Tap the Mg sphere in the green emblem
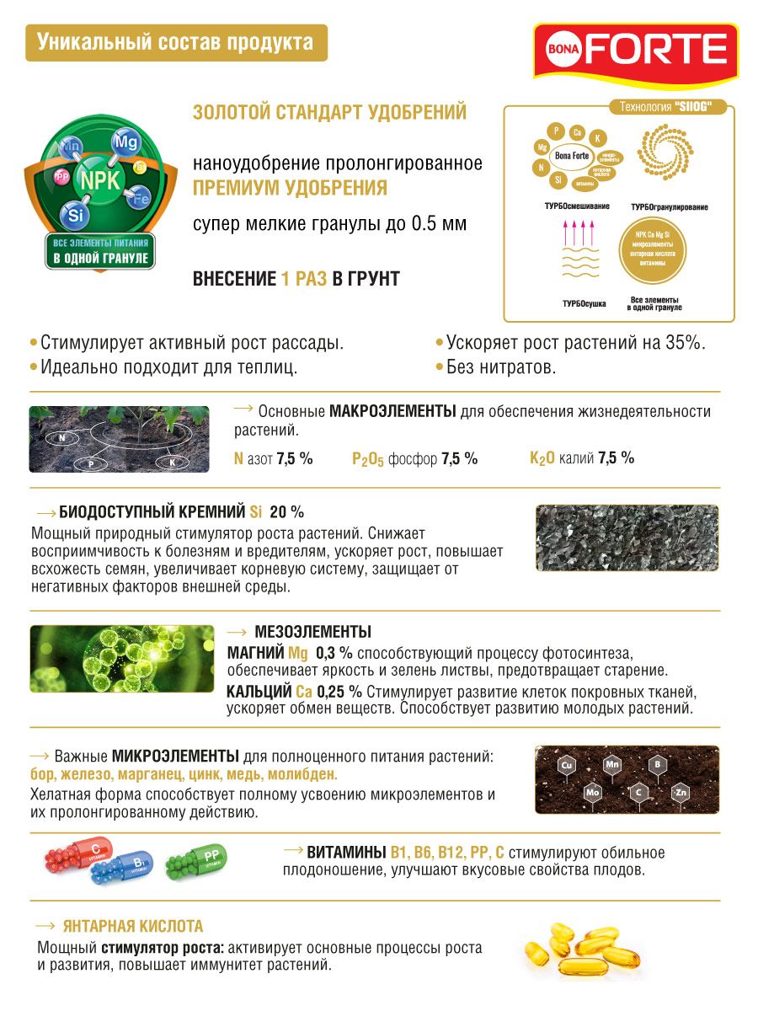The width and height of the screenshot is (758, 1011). [x=125, y=141]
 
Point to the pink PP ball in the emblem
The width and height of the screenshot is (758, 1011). [x=61, y=177]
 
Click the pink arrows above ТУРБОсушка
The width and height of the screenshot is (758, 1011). [x=578, y=231]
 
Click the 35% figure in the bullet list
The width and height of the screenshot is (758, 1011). [x=683, y=343]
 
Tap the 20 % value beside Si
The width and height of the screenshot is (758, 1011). [x=286, y=512]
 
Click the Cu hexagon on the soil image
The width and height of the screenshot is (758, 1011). [x=567, y=765]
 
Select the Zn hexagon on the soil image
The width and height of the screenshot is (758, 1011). [x=680, y=793]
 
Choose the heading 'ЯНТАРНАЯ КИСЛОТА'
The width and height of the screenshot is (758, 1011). [x=133, y=927]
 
